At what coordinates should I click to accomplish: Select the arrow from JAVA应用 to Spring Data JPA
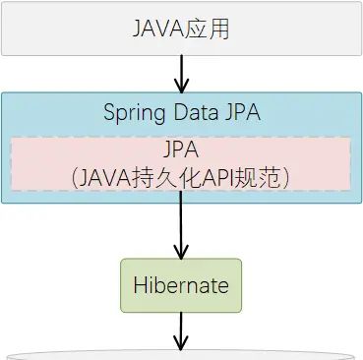pos(181,72)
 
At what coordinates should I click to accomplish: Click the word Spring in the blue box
pos(133,111)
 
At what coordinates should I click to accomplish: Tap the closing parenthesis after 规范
pos(284,177)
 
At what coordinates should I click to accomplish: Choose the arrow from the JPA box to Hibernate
pos(181,226)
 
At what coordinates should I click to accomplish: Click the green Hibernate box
pos(181,285)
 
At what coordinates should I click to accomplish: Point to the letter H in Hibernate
pos(139,286)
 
